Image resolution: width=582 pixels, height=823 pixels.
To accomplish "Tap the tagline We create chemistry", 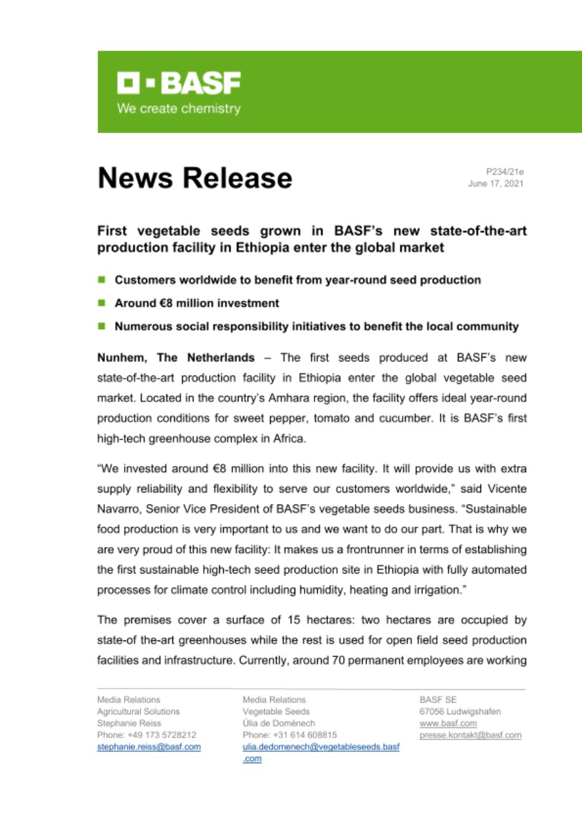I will point(178,109).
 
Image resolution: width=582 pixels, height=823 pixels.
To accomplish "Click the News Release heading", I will point(194,178).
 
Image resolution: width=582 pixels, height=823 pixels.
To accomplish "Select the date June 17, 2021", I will point(495,184).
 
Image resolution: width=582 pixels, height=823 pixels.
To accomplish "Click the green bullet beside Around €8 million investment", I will point(102,303).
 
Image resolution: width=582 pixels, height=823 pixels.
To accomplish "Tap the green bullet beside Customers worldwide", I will point(102,280).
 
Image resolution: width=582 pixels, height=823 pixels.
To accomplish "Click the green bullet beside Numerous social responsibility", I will point(102,326).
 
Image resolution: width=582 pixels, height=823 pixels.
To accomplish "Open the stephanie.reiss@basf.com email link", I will point(149,746).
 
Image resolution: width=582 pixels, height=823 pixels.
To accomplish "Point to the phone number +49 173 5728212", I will point(147,735).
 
